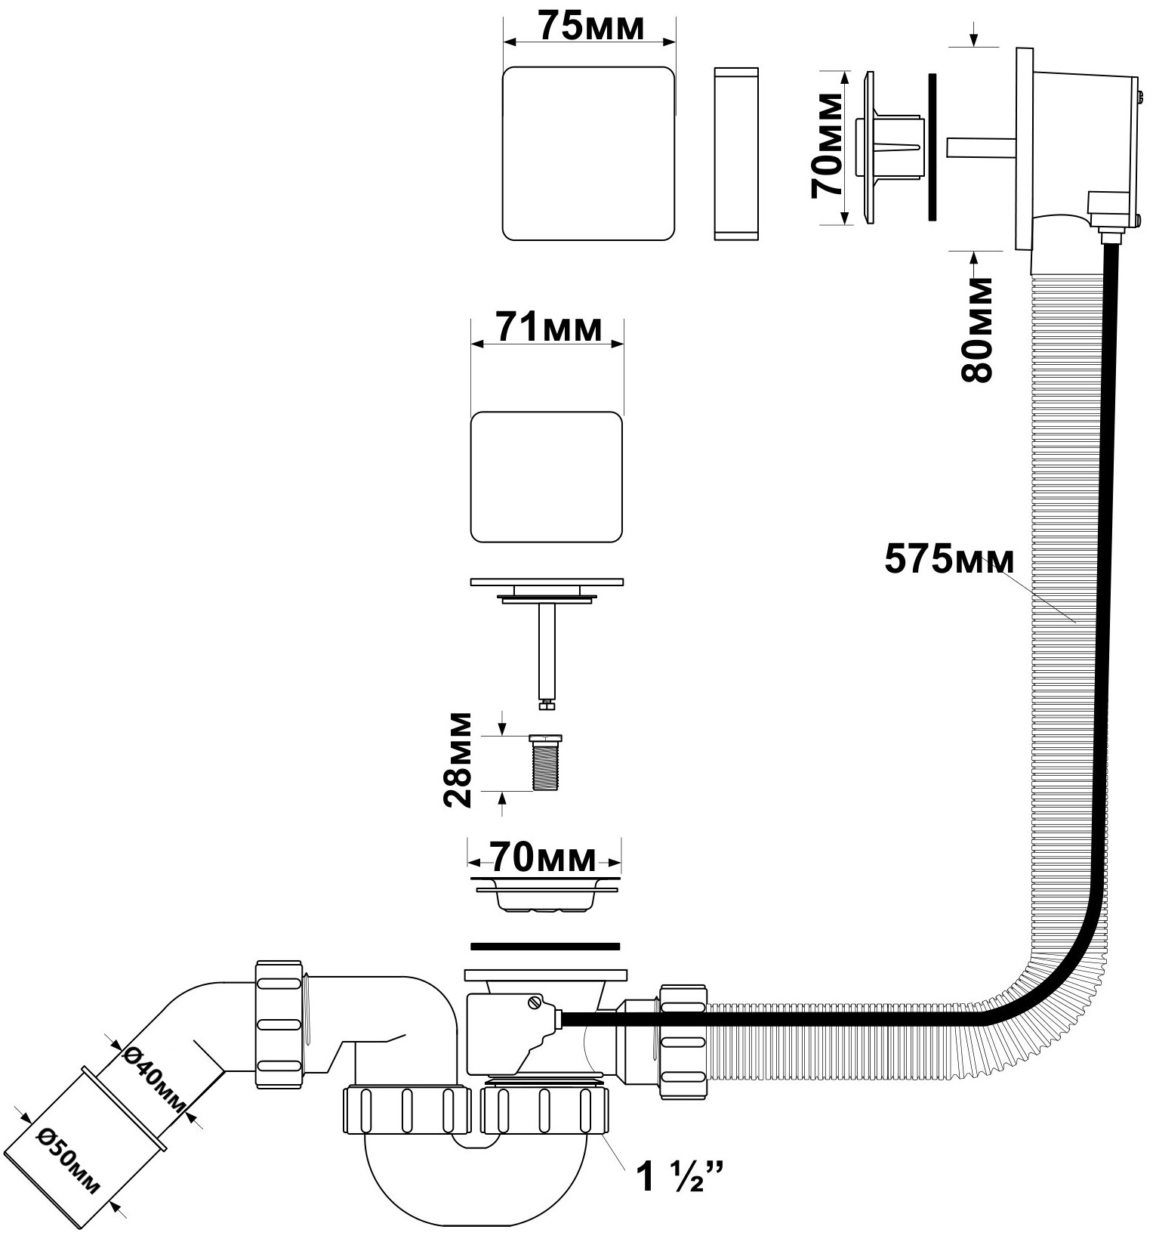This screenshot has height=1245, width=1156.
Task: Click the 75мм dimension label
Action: (591, 27)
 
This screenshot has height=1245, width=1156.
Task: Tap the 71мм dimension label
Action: (549, 329)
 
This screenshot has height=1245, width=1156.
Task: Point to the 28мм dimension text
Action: (458, 759)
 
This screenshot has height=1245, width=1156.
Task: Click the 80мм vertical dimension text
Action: (978, 329)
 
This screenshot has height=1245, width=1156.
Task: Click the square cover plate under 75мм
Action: (588, 153)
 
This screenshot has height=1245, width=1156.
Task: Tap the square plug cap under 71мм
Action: (547, 477)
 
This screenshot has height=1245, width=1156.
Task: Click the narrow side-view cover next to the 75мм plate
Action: (735, 153)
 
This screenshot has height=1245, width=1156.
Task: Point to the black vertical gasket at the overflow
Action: (932, 147)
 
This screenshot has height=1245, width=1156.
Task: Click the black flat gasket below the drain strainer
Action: (544, 946)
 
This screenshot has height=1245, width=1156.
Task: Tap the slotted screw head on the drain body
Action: (535, 1003)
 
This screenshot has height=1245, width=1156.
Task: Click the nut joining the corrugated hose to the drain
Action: (683, 1042)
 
